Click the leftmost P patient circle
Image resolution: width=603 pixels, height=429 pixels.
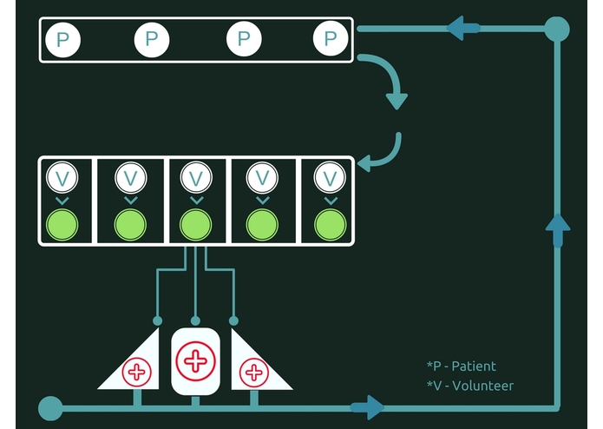click(x=62, y=40)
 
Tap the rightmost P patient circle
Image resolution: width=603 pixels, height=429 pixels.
click(x=331, y=38)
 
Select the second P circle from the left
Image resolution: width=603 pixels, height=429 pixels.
click(x=152, y=40)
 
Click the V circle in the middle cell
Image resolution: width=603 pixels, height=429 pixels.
click(x=196, y=177)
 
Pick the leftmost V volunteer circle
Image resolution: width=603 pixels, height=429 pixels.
click(x=62, y=177)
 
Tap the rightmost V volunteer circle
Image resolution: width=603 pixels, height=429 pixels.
click(x=330, y=177)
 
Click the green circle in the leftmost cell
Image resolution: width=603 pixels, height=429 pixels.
click(x=62, y=225)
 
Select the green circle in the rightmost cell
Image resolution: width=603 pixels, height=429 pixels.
click(x=330, y=225)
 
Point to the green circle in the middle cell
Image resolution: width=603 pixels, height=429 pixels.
click(x=196, y=225)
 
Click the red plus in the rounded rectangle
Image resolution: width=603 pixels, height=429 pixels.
click(x=195, y=361)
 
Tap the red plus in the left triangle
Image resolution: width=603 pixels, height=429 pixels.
click(x=136, y=372)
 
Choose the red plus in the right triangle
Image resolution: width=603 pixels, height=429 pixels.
click(x=254, y=373)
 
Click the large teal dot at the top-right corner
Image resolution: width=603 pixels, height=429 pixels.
click(x=557, y=30)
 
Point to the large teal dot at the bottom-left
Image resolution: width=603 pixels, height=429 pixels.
click(x=50, y=408)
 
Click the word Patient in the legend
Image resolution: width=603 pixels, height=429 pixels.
click(x=474, y=366)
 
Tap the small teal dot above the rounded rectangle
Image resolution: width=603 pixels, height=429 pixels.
click(x=195, y=320)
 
